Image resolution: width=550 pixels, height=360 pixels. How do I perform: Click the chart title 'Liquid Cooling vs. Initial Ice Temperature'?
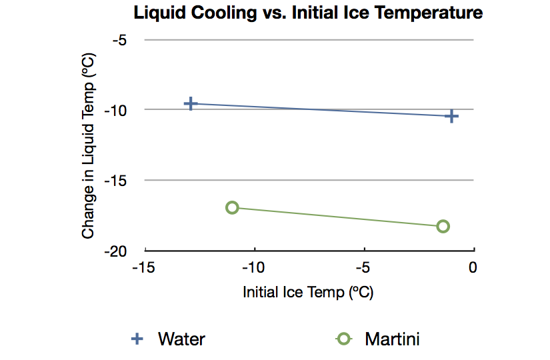(308, 13)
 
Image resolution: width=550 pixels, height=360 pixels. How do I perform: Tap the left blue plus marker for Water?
(191, 103)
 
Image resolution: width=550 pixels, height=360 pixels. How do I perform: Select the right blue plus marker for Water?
(451, 116)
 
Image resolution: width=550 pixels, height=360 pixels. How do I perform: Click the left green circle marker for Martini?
(232, 207)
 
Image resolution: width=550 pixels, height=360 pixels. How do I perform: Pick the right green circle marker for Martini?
(443, 226)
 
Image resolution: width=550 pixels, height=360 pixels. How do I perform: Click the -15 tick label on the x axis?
(145, 268)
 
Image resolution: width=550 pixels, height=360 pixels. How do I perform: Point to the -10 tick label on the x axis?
(254, 268)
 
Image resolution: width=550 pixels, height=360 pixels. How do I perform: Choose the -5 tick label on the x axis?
(364, 268)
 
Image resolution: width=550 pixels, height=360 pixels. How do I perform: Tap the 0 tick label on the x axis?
(473, 268)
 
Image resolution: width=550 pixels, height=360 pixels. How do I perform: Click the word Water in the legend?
(181, 339)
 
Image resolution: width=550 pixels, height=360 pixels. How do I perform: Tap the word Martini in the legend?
(392, 339)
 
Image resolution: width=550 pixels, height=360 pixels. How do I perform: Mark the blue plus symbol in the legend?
(137, 339)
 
